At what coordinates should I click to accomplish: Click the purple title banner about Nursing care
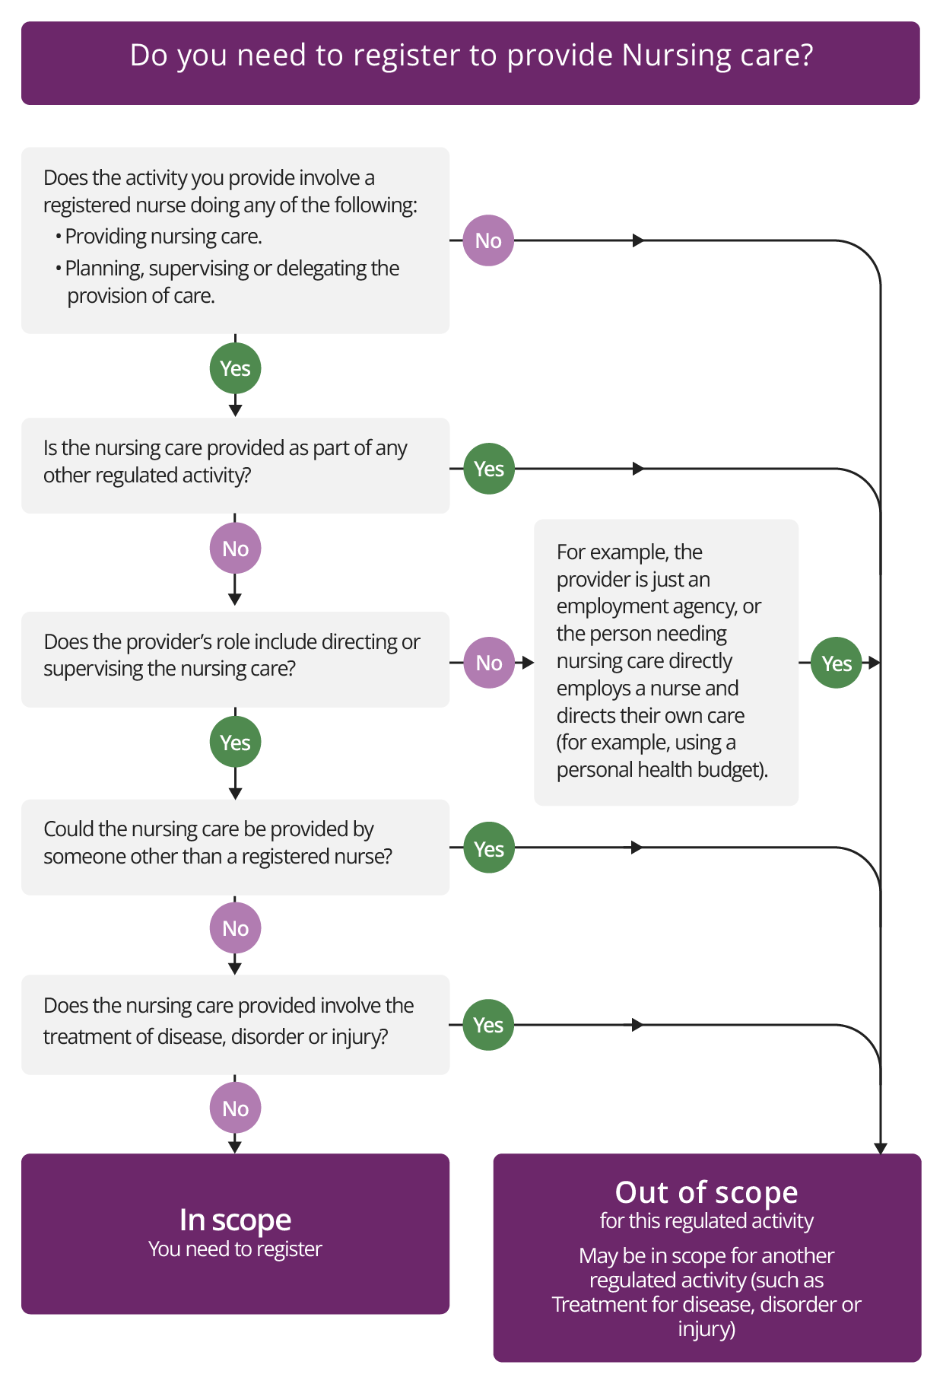(x=471, y=62)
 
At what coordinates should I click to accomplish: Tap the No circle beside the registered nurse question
(x=488, y=240)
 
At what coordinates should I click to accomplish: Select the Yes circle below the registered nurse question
(x=235, y=368)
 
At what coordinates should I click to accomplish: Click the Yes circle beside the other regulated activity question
(x=488, y=469)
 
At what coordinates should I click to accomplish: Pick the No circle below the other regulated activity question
(x=235, y=549)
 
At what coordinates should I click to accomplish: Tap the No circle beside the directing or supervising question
(x=488, y=663)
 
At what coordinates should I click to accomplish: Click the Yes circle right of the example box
(x=836, y=663)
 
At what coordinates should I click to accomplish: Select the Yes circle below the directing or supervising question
(x=235, y=742)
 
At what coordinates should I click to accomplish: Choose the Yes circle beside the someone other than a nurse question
(x=488, y=848)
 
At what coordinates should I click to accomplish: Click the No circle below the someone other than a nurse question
(x=235, y=928)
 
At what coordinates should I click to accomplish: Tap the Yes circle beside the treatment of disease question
(x=488, y=1025)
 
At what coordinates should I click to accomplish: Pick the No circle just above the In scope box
(x=235, y=1109)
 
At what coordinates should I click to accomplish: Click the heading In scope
(x=235, y=1220)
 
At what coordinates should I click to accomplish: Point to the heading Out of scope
(x=706, y=1192)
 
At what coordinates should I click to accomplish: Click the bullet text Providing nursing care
(x=163, y=237)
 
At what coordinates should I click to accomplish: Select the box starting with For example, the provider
(x=665, y=662)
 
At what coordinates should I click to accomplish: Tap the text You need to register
(x=235, y=1249)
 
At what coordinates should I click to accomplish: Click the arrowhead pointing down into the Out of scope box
(x=881, y=1148)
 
